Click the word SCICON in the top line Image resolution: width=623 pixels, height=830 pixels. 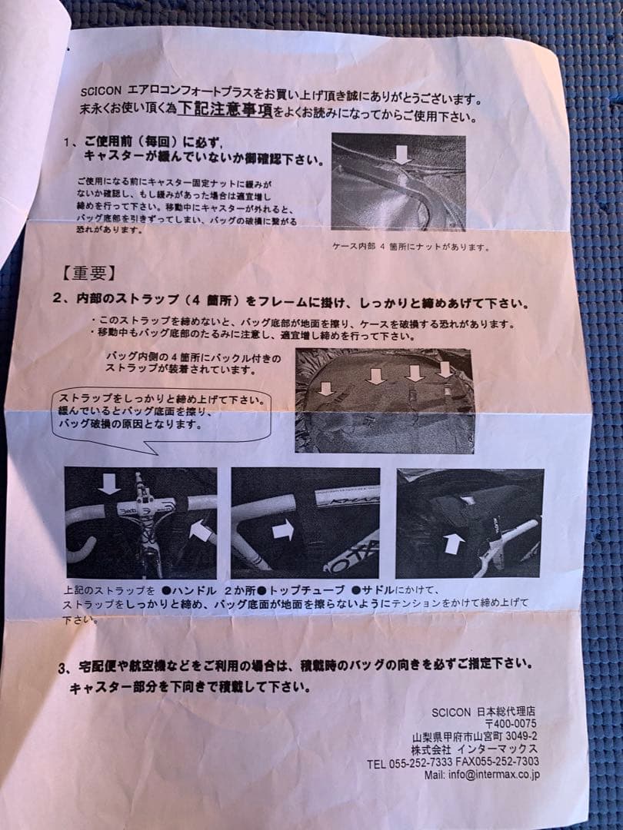click(101, 91)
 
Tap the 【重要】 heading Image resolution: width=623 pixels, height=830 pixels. click(87, 274)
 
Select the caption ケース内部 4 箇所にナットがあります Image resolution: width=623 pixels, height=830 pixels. click(411, 247)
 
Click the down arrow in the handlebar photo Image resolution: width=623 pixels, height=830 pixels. click(109, 483)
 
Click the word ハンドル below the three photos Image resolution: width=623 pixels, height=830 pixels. click(188, 591)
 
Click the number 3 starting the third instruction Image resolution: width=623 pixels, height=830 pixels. click(62, 667)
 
